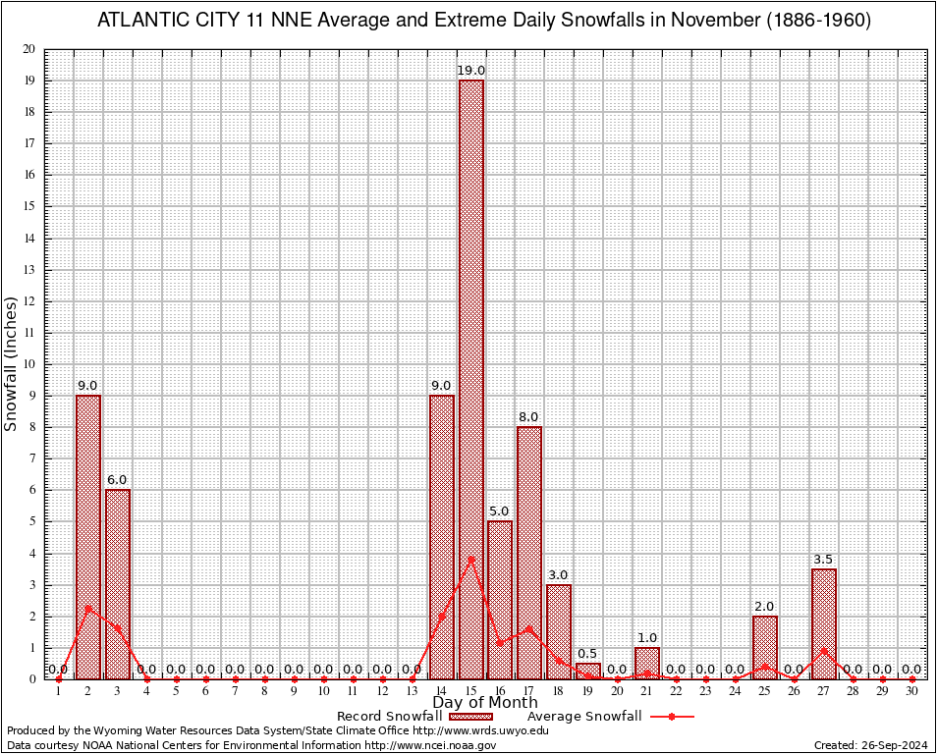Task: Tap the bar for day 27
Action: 824,623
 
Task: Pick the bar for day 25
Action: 765,647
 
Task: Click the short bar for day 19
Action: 588,671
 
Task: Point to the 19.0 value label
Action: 470,71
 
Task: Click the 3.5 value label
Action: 823,560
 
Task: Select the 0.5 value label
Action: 587,654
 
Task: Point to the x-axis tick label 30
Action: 912,692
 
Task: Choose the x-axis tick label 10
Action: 323,692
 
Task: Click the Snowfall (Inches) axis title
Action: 11,363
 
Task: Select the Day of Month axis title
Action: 485,703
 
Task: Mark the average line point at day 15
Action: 470,560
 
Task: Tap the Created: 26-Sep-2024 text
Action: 870,745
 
